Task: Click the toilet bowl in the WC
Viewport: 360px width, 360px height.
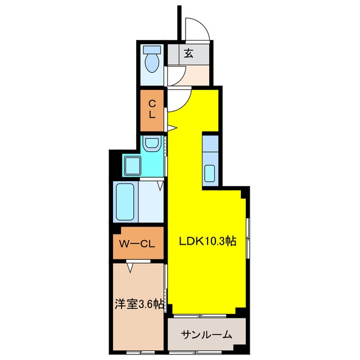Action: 152,62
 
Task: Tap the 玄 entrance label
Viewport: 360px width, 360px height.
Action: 188,53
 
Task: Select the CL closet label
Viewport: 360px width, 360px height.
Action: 152,109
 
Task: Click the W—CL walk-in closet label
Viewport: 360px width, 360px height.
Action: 137,244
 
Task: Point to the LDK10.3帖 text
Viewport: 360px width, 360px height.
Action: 208,241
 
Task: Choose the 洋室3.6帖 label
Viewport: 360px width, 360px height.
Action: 139,304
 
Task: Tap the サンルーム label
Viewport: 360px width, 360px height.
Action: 206,335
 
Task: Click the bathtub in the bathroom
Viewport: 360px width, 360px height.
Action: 125,202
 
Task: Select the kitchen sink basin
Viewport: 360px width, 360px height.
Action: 210,173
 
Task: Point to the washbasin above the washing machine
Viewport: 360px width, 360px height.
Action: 151,144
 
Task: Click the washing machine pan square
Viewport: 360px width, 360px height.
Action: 133,165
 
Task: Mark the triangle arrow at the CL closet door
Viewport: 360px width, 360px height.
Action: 172,128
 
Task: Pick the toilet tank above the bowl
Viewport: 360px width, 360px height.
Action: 152,49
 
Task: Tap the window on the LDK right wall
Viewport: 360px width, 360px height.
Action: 248,238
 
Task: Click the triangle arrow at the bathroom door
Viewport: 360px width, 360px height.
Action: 160,186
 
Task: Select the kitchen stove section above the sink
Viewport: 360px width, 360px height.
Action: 210,144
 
